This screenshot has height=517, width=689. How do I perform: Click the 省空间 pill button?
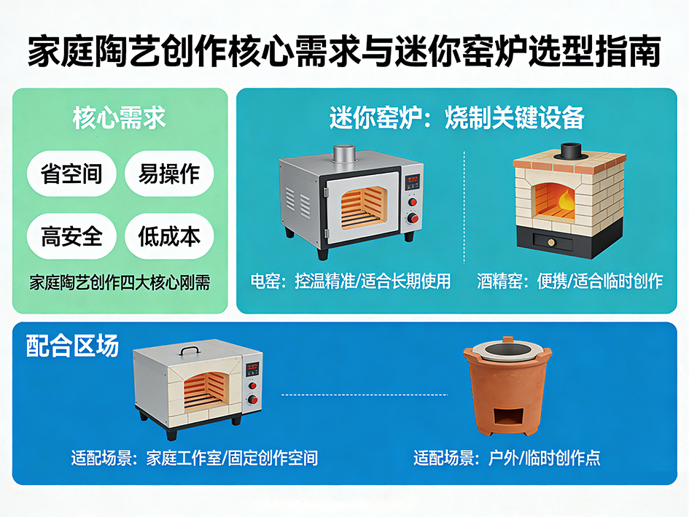point(71,174)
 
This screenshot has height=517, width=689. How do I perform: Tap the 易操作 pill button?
point(169,174)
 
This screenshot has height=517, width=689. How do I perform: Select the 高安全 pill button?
point(71,236)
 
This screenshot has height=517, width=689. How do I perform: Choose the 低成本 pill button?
point(169,236)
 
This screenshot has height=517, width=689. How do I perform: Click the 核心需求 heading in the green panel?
point(120,118)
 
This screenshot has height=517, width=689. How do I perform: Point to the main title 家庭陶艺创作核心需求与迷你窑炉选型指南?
point(344,51)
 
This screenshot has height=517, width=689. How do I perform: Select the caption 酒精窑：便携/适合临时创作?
point(570,281)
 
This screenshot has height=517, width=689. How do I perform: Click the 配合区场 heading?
point(72,346)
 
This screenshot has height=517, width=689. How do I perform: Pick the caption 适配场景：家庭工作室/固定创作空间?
point(195,458)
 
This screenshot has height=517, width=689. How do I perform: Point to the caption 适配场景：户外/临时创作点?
point(507,458)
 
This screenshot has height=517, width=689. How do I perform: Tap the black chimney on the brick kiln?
point(569,151)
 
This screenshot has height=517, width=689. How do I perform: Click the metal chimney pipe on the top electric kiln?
point(343,154)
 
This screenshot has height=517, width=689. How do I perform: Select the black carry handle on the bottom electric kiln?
point(191,351)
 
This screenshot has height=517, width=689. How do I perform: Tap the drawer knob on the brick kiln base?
point(552,241)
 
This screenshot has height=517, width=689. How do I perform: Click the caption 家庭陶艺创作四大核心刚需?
point(120,281)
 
